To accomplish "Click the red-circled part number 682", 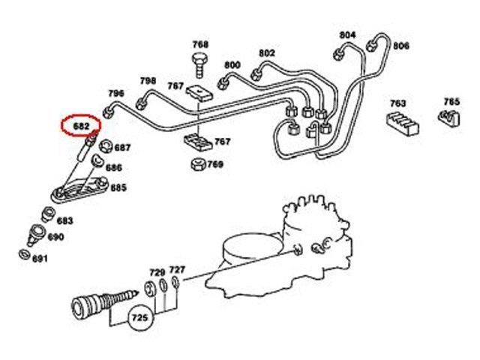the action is pos(81,126).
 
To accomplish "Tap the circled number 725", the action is pos(139,317).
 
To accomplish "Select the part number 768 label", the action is pos(200,45).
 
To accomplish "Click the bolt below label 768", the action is pos(200,65).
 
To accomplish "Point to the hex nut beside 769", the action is pos(198,165).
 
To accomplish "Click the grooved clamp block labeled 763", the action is pos(402,122).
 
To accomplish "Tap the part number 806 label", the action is pos(401,46).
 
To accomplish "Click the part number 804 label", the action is pos(348,35).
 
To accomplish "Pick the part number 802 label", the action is pos(267,53).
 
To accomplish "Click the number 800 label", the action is pos(232,65).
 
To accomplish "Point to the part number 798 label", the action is pos(148,81).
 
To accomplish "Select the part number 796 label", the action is pos(116,93).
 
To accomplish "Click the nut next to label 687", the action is pos(106,146).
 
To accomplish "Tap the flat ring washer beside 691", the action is pos(24,255).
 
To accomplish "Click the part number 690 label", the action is pos(55,237).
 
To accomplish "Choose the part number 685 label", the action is pos(118,187).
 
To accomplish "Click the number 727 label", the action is pos(177,270).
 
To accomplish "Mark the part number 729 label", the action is pos(157,272).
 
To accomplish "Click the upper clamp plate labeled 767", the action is pos(199,92).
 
